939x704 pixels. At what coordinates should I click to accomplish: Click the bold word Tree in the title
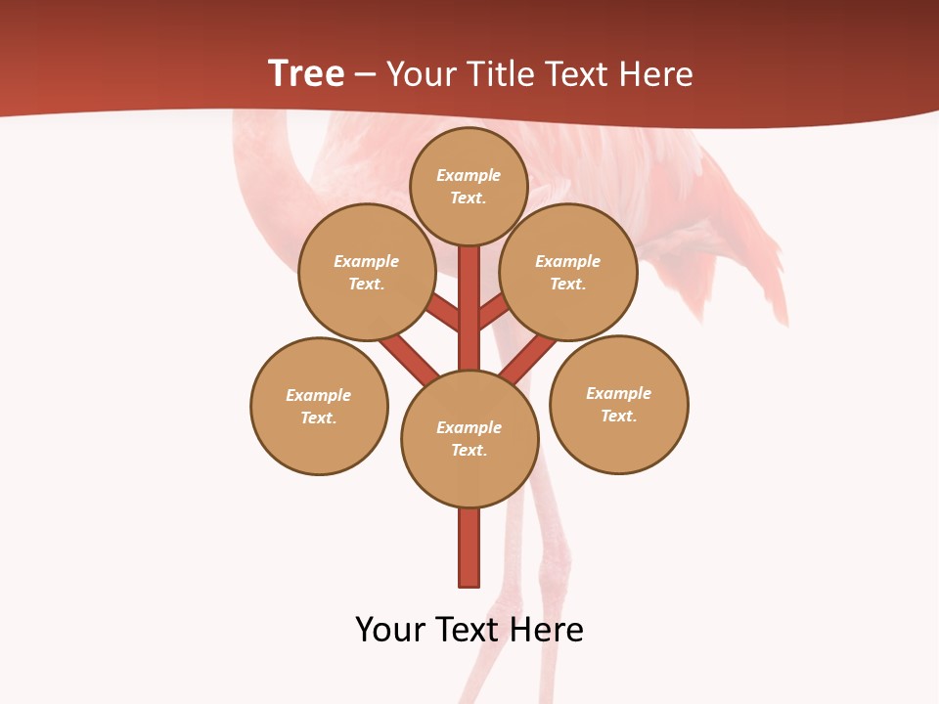coord(306,73)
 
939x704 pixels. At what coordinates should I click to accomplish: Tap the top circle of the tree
coord(469,186)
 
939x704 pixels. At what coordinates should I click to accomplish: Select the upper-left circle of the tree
coord(367,272)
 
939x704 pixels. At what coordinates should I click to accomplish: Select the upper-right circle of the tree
coord(568,272)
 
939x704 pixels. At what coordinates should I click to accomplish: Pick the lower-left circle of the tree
coord(319,406)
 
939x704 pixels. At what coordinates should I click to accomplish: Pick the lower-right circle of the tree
coord(618,405)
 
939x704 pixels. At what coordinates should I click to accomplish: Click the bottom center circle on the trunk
coord(469,439)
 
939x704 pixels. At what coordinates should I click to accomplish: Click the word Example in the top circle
coord(469,175)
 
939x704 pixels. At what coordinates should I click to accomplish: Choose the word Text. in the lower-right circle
coord(618,416)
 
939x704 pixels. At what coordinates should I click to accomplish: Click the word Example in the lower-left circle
coord(319,395)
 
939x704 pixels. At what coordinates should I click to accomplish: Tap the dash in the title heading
coord(366,74)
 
